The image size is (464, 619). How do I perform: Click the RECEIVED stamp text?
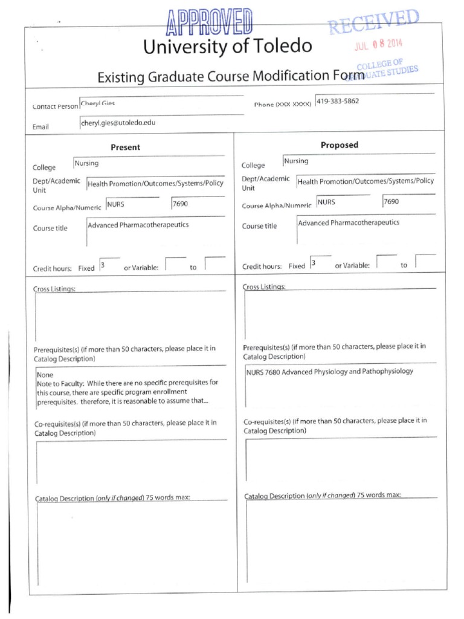(373, 22)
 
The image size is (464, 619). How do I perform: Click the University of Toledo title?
(227, 46)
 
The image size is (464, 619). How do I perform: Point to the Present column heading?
(125, 147)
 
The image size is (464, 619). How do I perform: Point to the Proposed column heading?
(339, 145)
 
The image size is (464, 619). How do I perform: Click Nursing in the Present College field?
(86, 163)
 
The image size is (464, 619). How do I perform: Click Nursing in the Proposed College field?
(296, 161)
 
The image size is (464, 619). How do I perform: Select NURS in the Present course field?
(115, 204)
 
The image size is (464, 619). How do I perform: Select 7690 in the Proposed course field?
(391, 201)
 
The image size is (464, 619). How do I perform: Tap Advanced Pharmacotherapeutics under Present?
(138, 225)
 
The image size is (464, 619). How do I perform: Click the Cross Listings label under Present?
(54, 289)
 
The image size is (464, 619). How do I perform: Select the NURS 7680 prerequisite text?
(329, 371)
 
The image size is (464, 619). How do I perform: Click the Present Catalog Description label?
(112, 498)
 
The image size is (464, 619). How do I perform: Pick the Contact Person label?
(55, 106)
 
